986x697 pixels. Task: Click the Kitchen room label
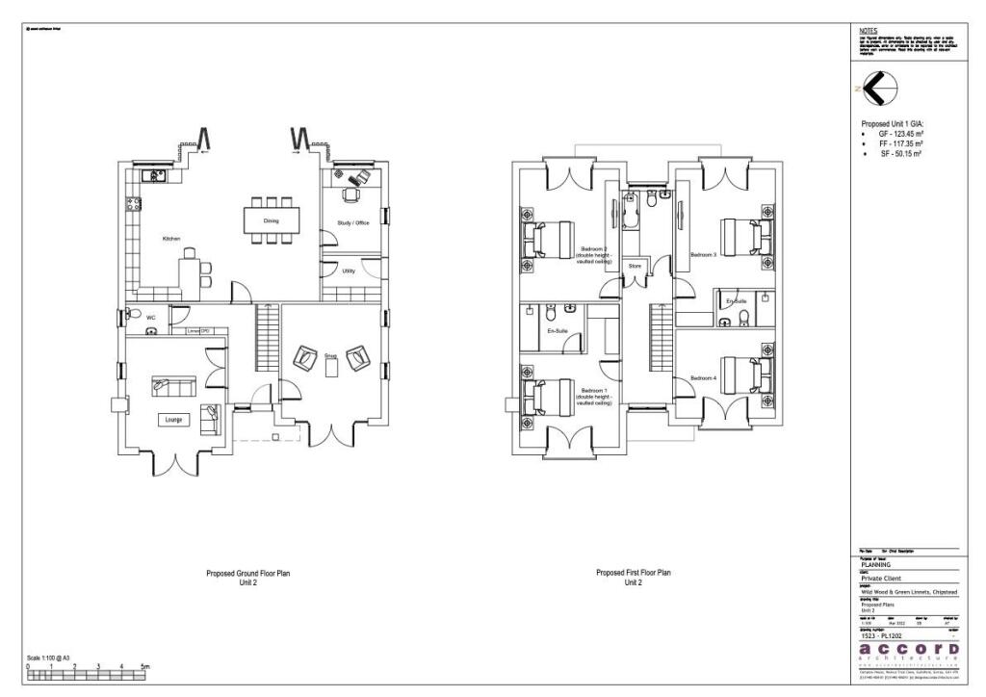(171, 238)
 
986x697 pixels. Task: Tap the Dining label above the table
(271, 221)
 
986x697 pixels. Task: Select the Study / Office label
(352, 222)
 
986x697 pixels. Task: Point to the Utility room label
(349, 271)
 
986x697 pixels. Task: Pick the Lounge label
(173, 421)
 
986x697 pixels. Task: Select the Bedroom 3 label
(704, 255)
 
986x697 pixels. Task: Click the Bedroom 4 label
(704, 378)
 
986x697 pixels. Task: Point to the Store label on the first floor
(635, 265)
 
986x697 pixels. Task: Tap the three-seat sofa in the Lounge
(172, 387)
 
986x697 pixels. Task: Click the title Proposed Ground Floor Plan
(247, 573)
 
